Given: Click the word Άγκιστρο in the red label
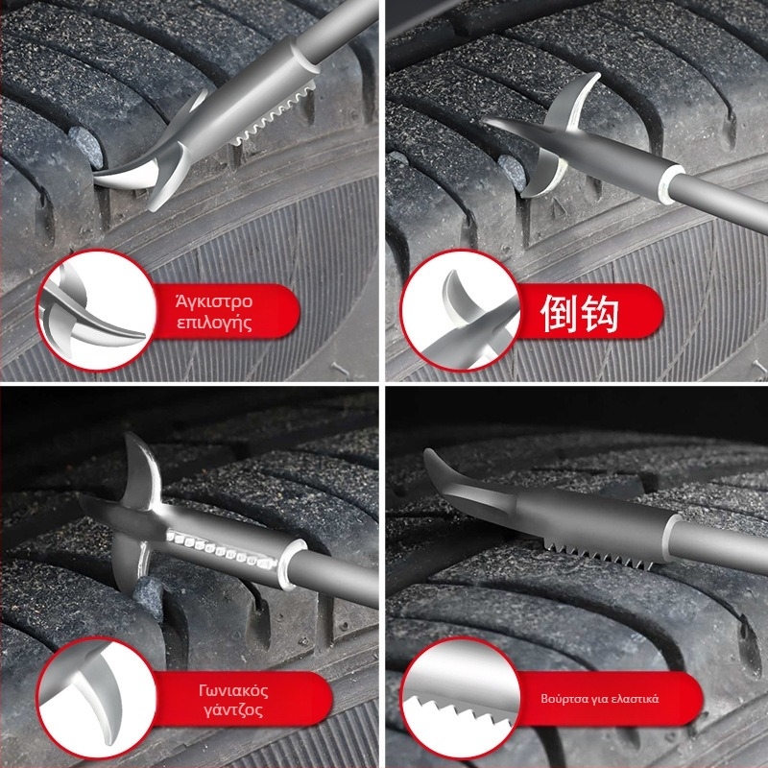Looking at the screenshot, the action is [214, 300].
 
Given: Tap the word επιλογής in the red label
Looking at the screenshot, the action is [214, 324].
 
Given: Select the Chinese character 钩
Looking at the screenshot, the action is [601, 313].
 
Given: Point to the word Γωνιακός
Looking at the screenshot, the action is [233, 690].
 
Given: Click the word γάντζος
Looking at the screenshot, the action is [233, 710].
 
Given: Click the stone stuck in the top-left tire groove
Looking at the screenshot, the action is [85, 147].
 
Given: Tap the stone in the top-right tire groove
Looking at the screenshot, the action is [512, 172].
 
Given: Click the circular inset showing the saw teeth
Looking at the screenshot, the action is [461, 698].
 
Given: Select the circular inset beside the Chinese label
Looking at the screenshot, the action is [461, 310].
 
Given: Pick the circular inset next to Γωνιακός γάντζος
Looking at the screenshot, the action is [97, 698].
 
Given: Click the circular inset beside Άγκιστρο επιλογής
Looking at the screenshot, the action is [97, 310].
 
